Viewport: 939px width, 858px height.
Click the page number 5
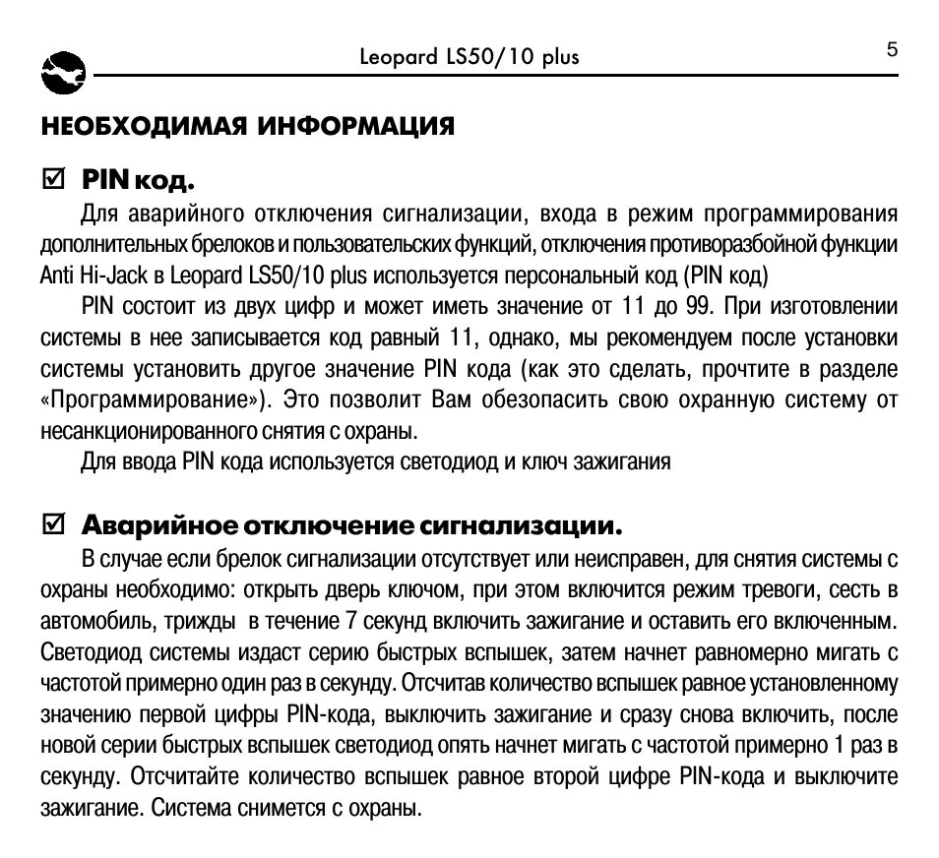(892, 50)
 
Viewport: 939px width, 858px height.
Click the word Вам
(455, 400)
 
